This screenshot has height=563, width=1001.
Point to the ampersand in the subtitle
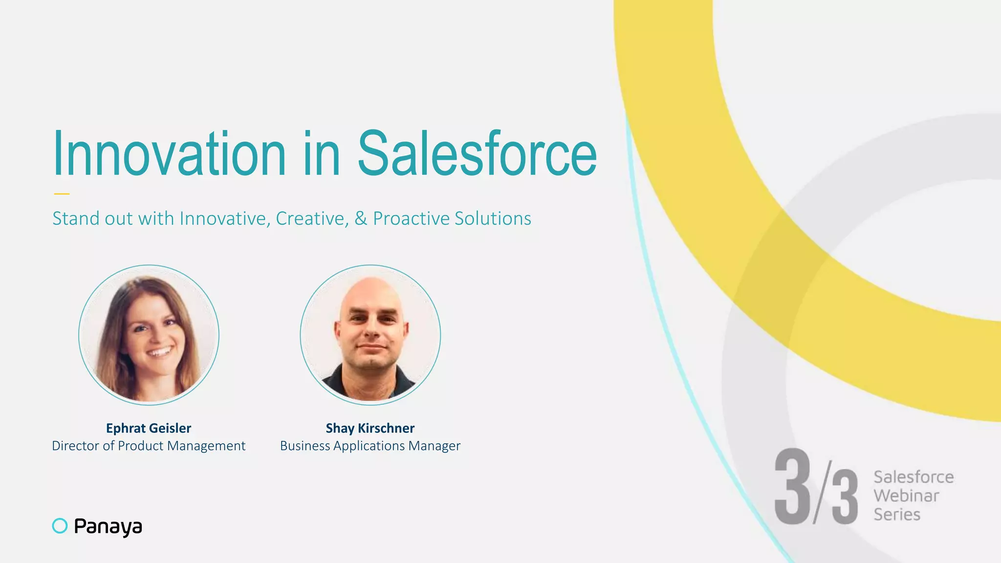(x=361, y=218)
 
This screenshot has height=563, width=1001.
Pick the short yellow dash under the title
(x=62, y=194)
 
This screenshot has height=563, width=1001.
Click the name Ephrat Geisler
(x=149, y=428)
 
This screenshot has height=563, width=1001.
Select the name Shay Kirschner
(x=370, y=428)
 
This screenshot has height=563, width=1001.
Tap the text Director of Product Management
(x=149, y=446)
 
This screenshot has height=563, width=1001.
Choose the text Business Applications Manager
(x=370, y=446)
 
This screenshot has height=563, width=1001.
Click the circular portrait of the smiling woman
(x=149, y=335)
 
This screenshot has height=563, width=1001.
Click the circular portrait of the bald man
(x=370, y=335)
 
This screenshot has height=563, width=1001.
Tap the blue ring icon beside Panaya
(x=60, y=526)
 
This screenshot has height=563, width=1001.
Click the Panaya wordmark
(x=108, y=526)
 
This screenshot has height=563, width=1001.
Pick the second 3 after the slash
(x=845, y=497)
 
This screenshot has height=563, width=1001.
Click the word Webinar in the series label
(x=906, y=496)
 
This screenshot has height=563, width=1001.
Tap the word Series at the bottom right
(x=897, y=514)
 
